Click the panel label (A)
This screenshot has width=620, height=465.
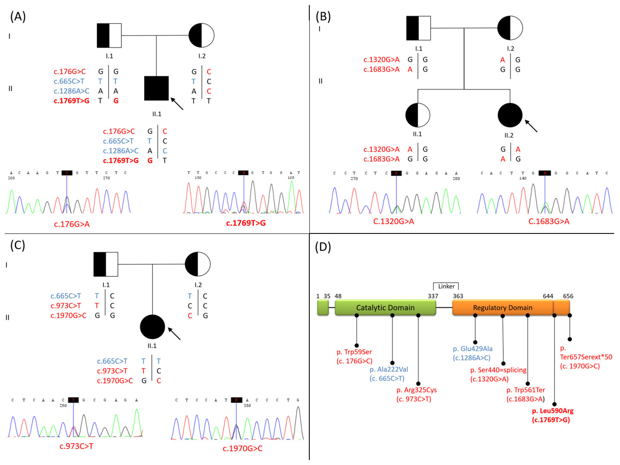click(18, 17)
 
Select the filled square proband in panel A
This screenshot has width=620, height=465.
click(156, 88)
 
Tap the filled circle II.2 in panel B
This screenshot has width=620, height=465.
click(510, 115)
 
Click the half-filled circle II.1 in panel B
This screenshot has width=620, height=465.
click(418, 115)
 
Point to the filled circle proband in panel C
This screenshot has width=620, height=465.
click(152, 327)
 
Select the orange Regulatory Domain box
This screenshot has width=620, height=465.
click(503, 308)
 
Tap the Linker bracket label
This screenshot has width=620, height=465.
click(446, 286)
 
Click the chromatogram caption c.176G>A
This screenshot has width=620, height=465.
click(72, 224)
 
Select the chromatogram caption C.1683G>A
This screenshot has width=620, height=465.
click(549, 222)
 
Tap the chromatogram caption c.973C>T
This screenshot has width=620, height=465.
click(76, 446)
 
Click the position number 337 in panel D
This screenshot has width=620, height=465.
click(433, 296)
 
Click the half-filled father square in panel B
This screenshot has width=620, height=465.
click(418, 28)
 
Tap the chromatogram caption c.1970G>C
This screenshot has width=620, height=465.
click(243, 448)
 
